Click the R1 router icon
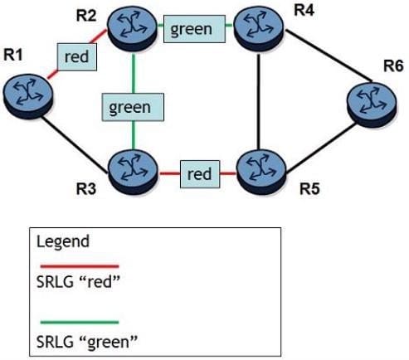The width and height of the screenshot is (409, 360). (x=27, y=96)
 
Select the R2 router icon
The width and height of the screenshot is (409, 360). (x=132, y=29)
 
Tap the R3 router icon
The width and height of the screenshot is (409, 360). (x=134, y=172)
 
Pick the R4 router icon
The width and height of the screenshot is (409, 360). (x=259, y=28)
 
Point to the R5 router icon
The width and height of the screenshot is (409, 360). (x=261, y=172)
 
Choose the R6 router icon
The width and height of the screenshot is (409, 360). (x=372, y=105)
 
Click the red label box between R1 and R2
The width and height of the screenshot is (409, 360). (x=77, y=56)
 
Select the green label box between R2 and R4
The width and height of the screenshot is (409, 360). (x=194, y=29)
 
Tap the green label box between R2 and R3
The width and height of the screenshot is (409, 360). (x=133, y=107)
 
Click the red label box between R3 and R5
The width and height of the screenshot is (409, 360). (x=200, y=174)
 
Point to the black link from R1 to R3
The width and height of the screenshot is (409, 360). (x=75, y=145)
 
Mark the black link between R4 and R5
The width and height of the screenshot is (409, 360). (x=258, y=102)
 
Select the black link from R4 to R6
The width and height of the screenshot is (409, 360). (x=329, y=56)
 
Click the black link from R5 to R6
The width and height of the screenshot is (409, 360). (x=321, y=148)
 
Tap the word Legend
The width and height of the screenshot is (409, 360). (x=63, y=242)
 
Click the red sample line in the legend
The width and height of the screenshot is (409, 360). (x=80, y=266)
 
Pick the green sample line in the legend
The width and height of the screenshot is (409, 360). (x=80, y=322)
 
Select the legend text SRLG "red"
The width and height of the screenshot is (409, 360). (x=78, y=282)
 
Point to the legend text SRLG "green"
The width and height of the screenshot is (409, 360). (x=87, y=342)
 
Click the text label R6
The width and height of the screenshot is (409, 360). (x=393, y=66)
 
